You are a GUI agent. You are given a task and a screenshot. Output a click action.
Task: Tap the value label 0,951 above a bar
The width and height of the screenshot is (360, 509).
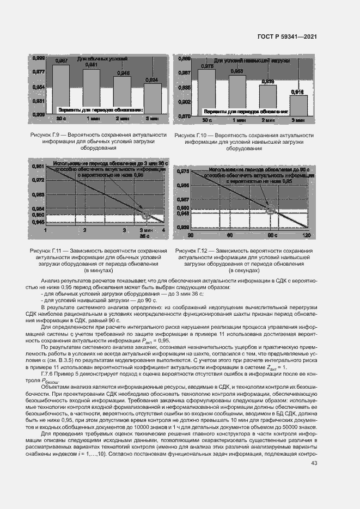coord(91,65)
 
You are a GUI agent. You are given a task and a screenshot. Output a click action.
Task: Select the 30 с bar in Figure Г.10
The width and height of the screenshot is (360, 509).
coord(208,93)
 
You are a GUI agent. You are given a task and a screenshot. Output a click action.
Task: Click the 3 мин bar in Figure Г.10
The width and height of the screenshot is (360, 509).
coord(298,106)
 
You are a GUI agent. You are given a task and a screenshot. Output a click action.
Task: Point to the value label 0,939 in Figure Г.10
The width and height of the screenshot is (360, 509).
coord(267,81)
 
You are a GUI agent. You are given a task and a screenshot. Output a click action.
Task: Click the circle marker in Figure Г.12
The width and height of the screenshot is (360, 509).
coord(270,210)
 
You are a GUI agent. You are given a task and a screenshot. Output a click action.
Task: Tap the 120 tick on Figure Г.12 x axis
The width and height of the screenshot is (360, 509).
coord(307,235)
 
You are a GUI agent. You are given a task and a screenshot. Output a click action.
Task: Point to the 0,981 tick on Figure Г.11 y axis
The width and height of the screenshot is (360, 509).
coord(39,165)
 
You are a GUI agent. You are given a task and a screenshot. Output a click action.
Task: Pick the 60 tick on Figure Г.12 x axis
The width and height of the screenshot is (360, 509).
coord(230,235)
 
